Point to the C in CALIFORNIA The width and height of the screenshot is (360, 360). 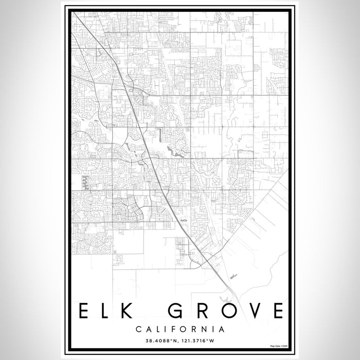[x=139, y=328]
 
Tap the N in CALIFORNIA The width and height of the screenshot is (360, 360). [x=205, y=328]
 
